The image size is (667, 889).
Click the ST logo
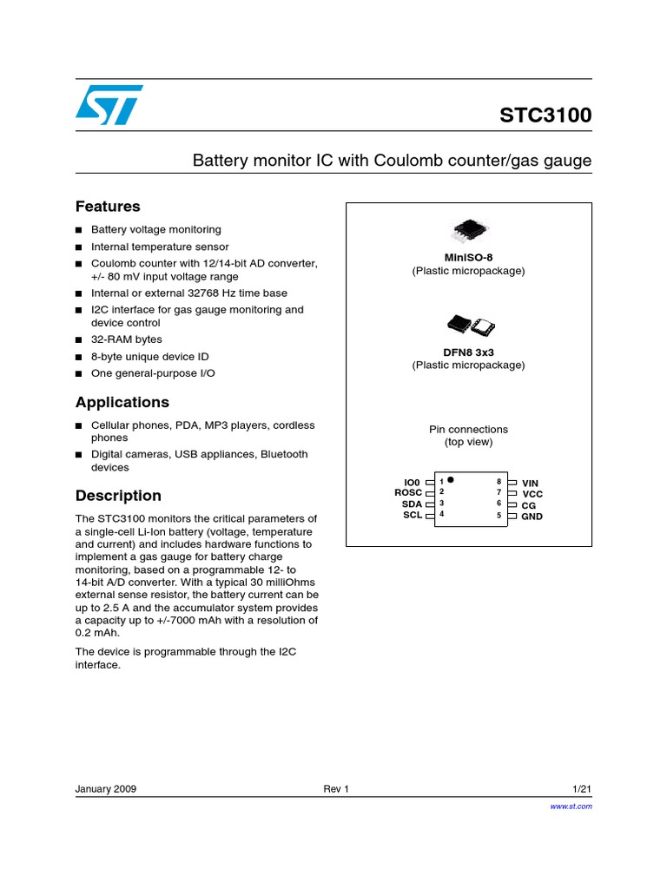108,104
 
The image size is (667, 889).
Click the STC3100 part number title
545,115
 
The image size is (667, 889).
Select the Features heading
108,207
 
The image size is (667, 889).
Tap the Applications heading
122,403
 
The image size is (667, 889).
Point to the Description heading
118,496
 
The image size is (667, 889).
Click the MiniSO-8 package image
468,230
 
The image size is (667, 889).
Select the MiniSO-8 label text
468,258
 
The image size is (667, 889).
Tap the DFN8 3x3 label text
468,352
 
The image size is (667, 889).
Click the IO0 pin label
412,482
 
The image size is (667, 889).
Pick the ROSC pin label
407,493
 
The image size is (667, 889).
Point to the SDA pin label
411,504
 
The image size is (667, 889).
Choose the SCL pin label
412,516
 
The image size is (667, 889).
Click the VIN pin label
530,483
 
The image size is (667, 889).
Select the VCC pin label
532,494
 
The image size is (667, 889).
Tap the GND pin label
532,517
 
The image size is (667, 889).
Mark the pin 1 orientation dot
451,479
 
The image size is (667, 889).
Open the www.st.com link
571,807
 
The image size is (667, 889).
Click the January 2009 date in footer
106,789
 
